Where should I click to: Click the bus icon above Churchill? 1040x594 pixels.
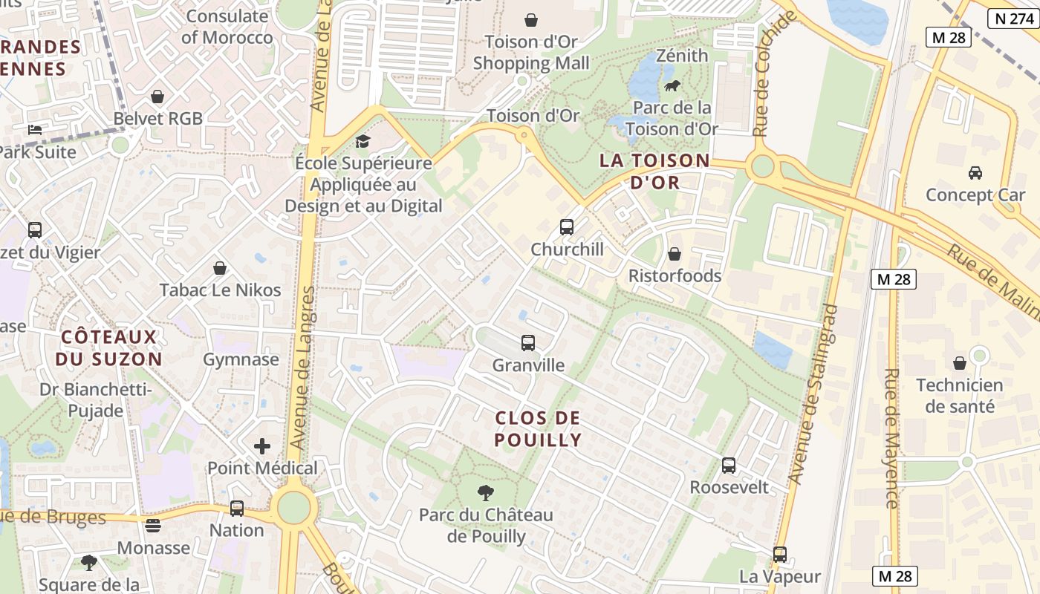(x=567, y=227)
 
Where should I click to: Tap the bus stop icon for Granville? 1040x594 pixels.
(x=528, y=343)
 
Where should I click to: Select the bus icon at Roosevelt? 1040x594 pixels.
(x=729, y=466)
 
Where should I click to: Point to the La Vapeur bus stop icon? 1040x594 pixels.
(x=779, y=555)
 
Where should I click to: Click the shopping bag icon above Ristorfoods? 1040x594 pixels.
(x=675, y=254)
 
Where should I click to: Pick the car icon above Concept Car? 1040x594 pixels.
(x=975, y=173)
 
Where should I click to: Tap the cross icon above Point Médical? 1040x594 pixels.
(x=262, y=446)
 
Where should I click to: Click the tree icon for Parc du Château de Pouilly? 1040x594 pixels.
(x=486, y=492)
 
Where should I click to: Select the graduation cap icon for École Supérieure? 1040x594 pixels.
(x=363, y=141)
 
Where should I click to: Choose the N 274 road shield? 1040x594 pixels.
(x=1013, y=19)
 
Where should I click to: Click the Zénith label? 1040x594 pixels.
(x=683, y=56)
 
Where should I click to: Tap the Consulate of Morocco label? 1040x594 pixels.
(x=227, y=27)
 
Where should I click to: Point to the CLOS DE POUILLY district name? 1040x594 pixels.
(x=538, y=429)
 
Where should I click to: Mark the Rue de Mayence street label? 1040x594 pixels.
(x=891, y=438)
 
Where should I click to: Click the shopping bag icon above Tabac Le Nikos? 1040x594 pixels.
(x=220, y=268)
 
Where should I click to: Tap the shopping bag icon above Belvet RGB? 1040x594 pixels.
(x=157, y=97)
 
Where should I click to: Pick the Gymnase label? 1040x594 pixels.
(x=241, y=360)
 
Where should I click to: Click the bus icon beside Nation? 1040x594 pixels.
(x=237, y=509)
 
